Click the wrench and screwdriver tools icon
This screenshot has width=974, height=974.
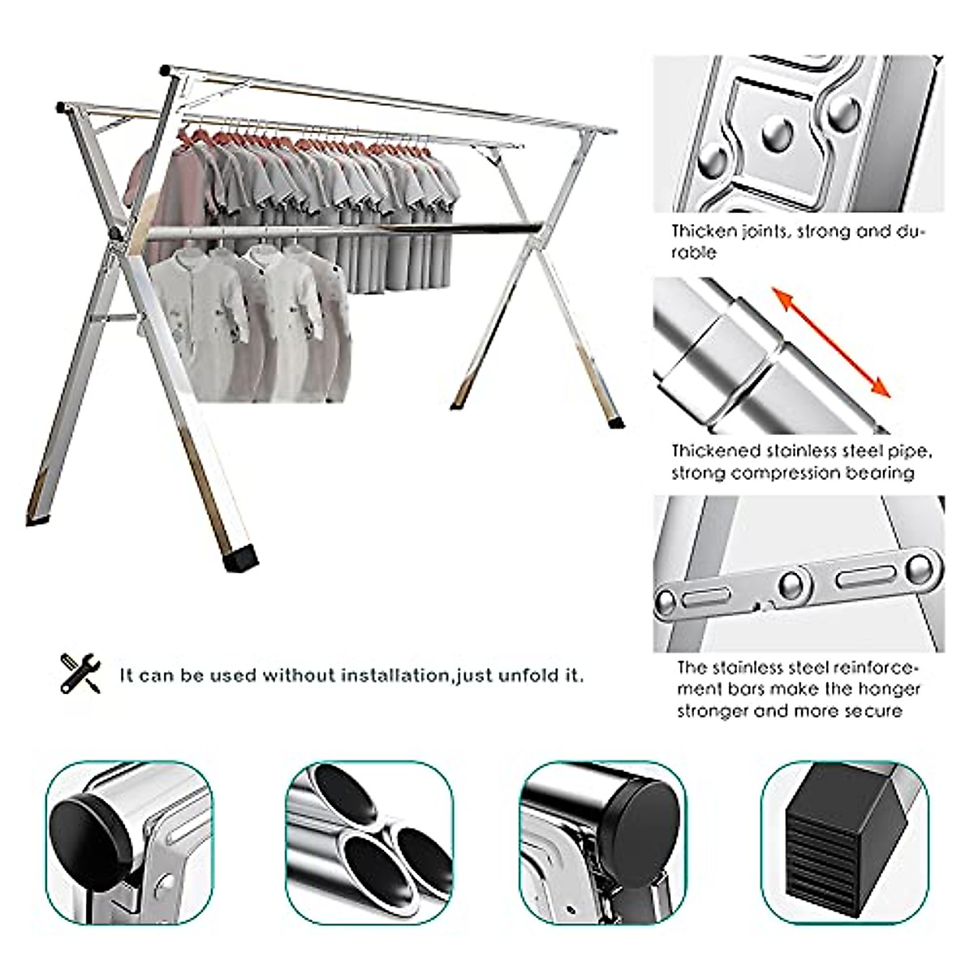point(80,673)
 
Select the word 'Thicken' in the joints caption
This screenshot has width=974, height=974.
point(703,231)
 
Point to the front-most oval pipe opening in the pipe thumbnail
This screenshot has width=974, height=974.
point(369,864)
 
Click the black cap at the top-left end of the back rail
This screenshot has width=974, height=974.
point(166,70)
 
